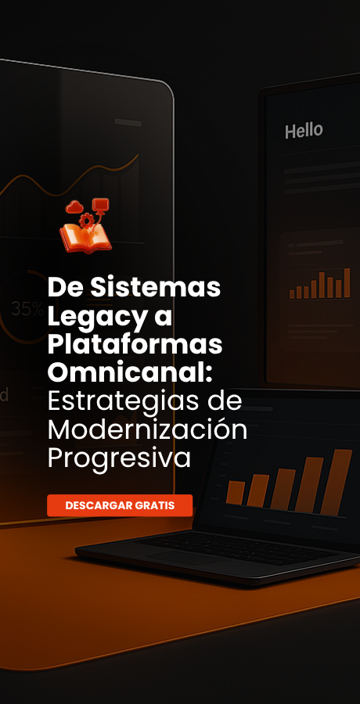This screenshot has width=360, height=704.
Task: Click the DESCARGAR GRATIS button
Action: point(120,505)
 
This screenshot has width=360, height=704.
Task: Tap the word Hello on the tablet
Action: point(304,131)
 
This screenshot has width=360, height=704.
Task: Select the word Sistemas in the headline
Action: point(156,288)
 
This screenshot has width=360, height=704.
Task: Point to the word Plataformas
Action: point(135,345)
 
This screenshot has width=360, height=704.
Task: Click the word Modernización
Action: point(147,429)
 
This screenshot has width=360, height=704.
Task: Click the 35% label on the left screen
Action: point(27,308)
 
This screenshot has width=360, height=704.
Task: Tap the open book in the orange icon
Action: point(85,238)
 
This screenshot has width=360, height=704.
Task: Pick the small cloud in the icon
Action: point(74,207)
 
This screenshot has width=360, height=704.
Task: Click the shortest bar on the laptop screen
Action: point(236,493)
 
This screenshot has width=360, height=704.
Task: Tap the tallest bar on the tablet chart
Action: point(347,283)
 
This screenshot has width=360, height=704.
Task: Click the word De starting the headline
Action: point(66,288)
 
